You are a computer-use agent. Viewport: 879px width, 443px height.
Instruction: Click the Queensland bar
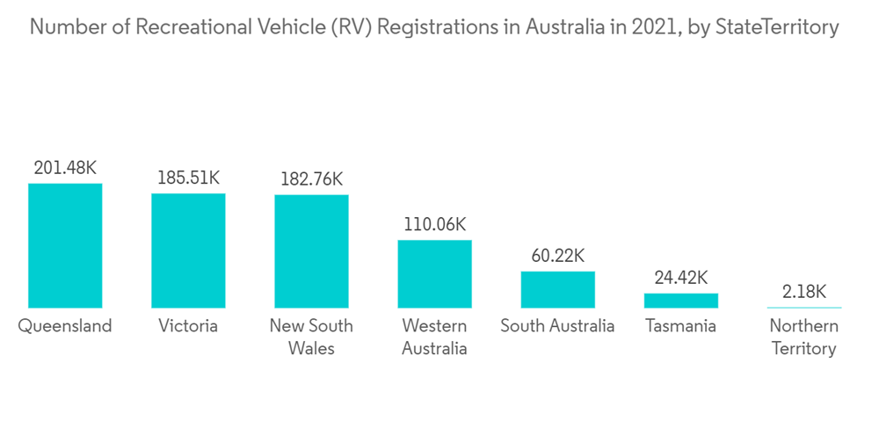[65, 245]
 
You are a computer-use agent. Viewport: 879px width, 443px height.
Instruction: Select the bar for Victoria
[188, 251]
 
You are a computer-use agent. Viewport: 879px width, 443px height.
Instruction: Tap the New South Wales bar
[311, 251]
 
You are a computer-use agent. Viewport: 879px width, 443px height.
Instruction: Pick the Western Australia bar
[434, 273]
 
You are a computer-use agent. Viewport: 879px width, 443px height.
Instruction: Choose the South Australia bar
[557, 289]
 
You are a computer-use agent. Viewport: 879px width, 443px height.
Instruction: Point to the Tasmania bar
[680, 300]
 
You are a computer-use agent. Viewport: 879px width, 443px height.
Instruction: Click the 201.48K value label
[65, 168]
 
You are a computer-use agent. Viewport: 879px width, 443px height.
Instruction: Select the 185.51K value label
[188, 178]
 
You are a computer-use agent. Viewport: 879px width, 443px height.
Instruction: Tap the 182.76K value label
[311, 178]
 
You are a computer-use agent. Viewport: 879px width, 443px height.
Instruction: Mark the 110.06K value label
[434, 224]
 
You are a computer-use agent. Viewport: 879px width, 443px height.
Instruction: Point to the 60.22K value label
[557, 256]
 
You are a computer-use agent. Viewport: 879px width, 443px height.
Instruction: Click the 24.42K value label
[680, 278]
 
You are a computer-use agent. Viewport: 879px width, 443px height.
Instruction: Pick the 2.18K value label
[803, 291]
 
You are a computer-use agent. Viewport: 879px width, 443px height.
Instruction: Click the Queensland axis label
[65, 326]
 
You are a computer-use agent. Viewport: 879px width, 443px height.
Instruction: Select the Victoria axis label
[188, 326]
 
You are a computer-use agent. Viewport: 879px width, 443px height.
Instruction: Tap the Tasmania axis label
[680, 326]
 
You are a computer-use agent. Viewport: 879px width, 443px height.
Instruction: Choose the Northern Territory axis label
[803, 338]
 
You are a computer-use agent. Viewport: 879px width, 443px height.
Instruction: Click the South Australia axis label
[557, 326]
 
